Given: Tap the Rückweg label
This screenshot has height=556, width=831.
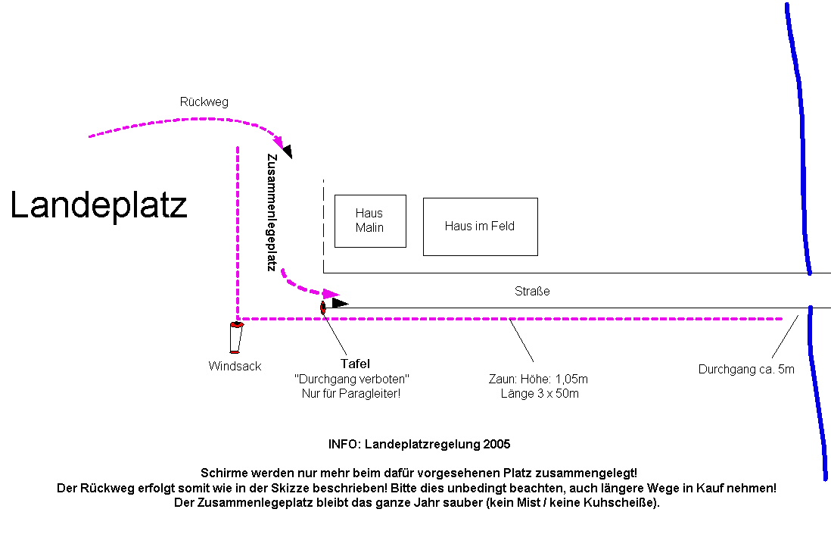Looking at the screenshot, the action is coord(204,102).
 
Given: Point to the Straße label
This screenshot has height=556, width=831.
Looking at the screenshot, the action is coord(532,292).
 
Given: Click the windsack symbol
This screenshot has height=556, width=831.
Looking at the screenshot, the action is coord(236,337).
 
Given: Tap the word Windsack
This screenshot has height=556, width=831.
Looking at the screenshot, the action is coord(235,366).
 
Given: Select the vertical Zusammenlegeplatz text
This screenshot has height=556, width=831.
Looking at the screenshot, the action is coord(272,213).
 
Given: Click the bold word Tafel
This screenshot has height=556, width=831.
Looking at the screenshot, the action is coord(355,364).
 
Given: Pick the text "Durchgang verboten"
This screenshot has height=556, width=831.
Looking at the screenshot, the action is coord(351,380).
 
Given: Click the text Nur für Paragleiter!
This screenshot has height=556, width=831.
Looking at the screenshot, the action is coord(351,394).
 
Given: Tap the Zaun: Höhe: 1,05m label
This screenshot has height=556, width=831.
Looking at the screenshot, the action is coord(538,380).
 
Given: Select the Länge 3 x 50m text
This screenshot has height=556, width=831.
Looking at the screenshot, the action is coord(540,394).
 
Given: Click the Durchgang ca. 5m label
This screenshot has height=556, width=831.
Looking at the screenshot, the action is coord(746,369).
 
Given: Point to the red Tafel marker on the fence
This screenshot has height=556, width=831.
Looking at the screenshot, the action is coord(322,308).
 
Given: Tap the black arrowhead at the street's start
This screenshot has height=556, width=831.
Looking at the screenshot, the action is coord(340,303).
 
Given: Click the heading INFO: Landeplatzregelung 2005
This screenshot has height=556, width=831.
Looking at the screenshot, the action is coord(419,445).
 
